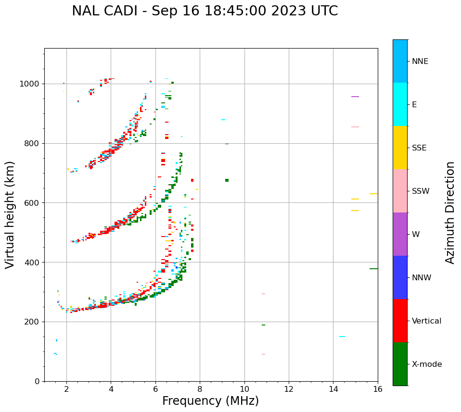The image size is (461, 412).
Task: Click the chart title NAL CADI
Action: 205,11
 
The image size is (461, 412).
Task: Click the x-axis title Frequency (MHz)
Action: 210,401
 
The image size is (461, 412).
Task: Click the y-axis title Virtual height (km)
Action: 10,214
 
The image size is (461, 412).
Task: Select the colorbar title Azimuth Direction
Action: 450,212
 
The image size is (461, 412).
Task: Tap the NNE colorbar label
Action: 420,62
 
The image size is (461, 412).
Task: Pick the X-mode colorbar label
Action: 426,364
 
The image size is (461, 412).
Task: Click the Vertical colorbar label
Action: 426,321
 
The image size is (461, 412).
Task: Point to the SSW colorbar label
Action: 420,191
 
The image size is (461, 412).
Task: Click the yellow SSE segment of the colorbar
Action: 400,148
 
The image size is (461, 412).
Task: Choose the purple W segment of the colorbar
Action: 400,234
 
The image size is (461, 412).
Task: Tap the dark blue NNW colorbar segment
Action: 400,277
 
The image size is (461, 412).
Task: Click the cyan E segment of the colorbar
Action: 400,104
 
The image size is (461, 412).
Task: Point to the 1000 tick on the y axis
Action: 31,84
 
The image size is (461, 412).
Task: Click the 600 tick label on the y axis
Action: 33,203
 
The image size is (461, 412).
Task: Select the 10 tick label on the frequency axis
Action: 244,389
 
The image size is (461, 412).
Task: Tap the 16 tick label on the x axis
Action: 378,389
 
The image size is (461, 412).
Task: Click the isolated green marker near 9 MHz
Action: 227,180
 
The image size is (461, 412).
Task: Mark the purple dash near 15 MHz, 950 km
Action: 355,97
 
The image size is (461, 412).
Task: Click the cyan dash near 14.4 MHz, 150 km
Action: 342,337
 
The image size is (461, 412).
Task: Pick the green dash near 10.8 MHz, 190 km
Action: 263,325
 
